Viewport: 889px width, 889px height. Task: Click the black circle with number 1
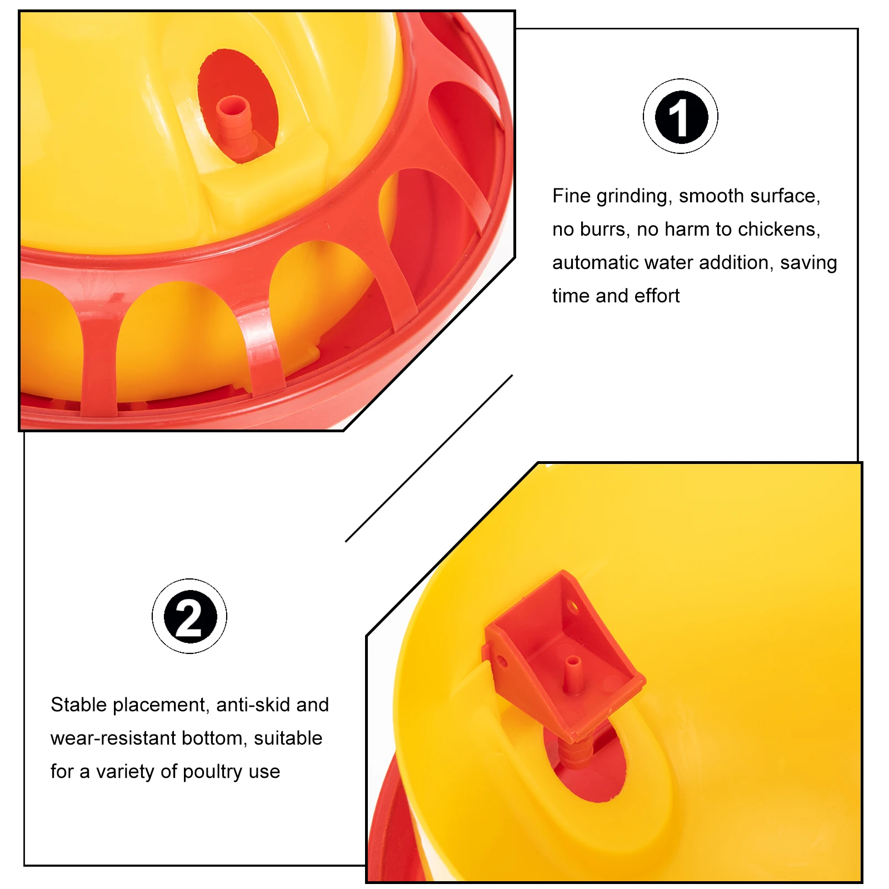(681, 117)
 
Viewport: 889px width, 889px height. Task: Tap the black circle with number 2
(189, 617)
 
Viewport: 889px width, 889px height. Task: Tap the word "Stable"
(79, 705)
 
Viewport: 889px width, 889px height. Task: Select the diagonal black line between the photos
(429, 458)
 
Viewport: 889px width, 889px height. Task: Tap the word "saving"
(808, 263)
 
